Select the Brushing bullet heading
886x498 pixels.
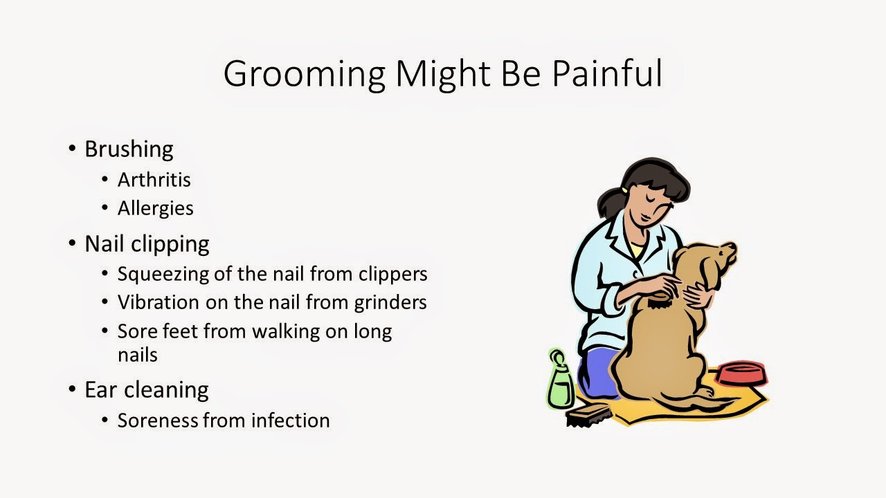(129, 149)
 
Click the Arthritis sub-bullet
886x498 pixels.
(154, 180)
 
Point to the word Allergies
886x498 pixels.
(155, 208)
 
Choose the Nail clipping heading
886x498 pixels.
(147, 243)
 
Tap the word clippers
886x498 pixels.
(393, 275)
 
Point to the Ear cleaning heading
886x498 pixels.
(146, 389)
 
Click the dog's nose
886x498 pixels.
(733, 247)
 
